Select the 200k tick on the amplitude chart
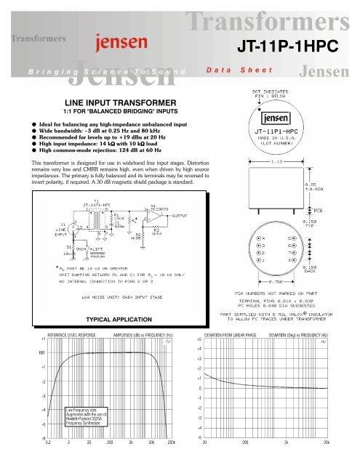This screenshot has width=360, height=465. (171, 441)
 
